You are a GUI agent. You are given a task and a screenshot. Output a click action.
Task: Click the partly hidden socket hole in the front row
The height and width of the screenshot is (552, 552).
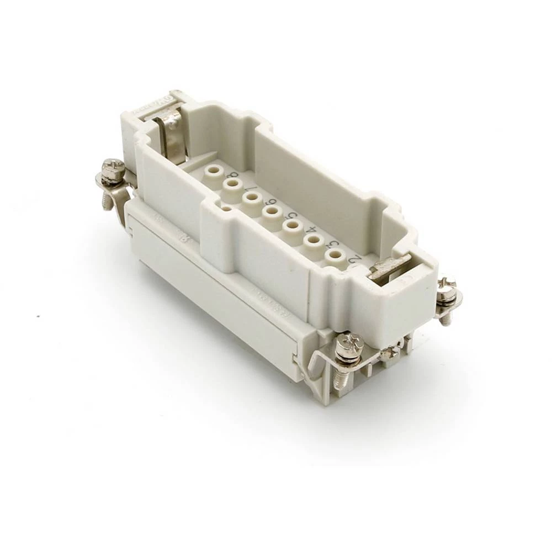[x=226, y=209]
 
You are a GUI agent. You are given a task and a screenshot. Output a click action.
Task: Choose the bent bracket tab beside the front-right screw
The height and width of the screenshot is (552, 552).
[x=317, y=368]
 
